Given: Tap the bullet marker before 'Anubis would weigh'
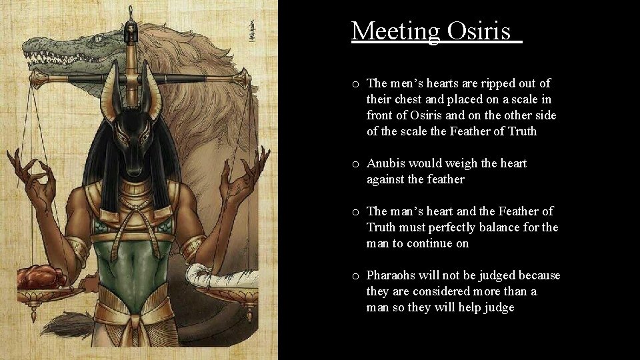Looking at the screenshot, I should click(x=357, y=164).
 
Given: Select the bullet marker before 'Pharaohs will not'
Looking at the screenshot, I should click(x=357, y=276).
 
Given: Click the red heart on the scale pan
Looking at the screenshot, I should click(x=40, y=275).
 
